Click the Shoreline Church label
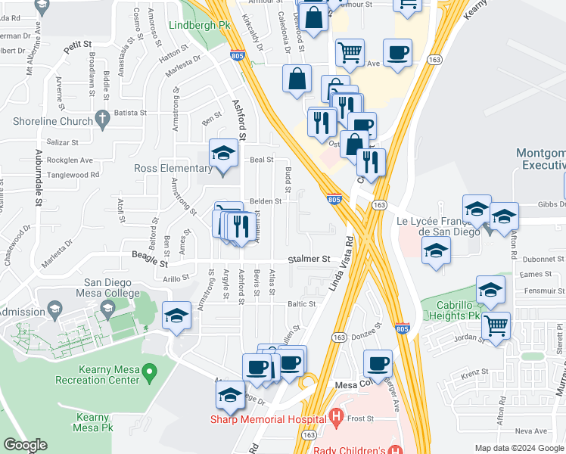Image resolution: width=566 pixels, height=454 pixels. tap(52, 121)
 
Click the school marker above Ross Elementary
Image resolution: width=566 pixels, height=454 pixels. tap(222, 154)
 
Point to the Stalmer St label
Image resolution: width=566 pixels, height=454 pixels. tap(309, 259)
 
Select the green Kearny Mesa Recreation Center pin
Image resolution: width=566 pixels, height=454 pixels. tap(150, 371)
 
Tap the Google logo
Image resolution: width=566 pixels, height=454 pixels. tap(25, 445)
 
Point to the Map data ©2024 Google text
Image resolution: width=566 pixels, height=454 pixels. tap(520, 448)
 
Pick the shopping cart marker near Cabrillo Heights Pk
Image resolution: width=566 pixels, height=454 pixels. tap(496, 327)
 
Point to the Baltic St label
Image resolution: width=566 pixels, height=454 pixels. tap(300, 304)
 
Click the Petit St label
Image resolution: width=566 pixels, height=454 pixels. tap(77, 47)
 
